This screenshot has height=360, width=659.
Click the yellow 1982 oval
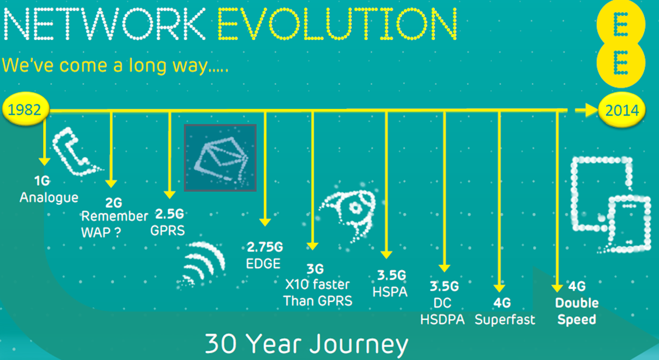pos(26,109)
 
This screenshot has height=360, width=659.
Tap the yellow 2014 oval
pos(622,110)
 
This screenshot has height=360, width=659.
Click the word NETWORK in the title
pos(104,23)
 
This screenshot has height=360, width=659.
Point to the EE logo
pos(621,44)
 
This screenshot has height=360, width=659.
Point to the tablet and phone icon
pos(611,205)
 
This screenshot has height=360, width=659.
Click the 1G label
pos(42,181)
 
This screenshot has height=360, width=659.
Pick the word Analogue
pos(49,198)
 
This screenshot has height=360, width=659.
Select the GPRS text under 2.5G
pos(168,231)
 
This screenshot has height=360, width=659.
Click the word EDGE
pos(263,264)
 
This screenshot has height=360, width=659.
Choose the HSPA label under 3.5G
pos(390,292)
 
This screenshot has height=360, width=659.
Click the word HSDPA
pos(442,319)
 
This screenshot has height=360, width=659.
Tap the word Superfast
pos(505,320)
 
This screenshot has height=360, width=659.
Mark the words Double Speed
pos(577,311)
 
